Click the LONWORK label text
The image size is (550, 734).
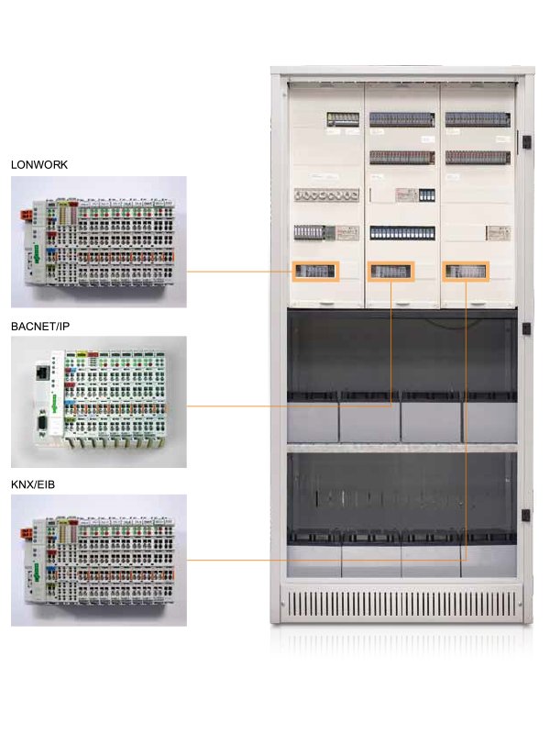[39, 165]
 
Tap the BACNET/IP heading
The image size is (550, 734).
[40, 327]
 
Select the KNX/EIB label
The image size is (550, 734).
[33, 484]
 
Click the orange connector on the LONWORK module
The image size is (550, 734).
[27, 216]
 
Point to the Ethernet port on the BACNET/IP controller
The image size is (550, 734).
[42, 373]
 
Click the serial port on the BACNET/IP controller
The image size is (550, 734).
[41, 426]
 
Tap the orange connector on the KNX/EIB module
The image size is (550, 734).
[27, 533]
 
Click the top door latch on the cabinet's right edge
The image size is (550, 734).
[526, 141]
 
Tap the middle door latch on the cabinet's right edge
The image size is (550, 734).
[526, 328]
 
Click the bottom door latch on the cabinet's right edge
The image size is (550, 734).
[526, 516]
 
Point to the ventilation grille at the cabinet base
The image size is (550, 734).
[401, 604]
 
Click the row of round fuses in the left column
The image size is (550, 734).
[326, 195]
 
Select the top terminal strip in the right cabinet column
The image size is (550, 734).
[478, 119]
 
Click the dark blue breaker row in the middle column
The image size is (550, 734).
[402, 233]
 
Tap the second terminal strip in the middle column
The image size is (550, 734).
[402, 157]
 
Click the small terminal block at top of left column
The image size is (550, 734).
[343, 119]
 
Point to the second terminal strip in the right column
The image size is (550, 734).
[478, 157]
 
